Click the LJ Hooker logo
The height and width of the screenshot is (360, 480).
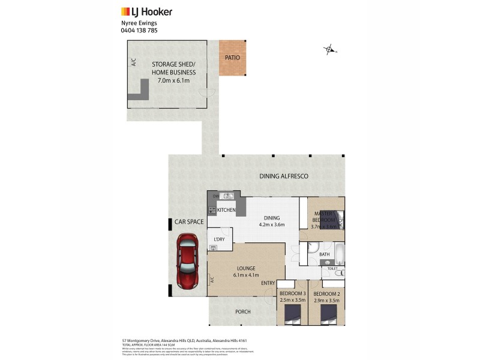146,11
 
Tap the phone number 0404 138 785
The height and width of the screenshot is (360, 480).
139,31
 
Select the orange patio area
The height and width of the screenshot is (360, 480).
232,58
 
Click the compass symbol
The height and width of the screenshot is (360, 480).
329,50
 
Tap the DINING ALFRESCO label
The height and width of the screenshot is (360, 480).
283,176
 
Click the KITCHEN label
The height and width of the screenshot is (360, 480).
226,210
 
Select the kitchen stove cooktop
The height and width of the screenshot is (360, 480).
212,211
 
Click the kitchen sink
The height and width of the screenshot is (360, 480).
226,196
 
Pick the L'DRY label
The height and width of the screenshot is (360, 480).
219,239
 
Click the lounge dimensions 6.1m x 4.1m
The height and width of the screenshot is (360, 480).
246,275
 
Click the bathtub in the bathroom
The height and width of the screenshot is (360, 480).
338,253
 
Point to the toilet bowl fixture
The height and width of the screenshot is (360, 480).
338,273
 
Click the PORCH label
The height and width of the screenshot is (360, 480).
243,312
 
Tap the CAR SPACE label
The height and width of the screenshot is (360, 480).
189,222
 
